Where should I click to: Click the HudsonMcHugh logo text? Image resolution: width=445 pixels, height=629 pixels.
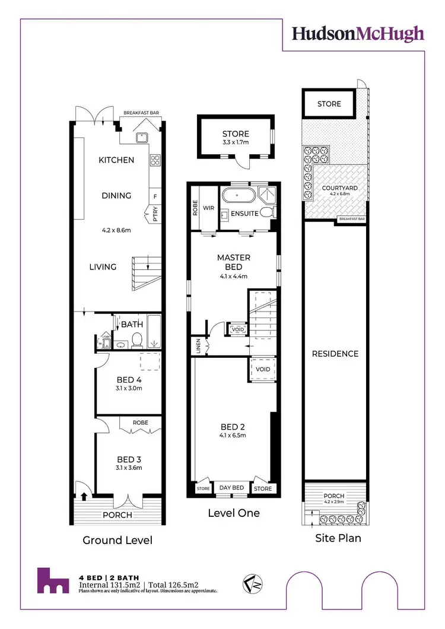coord(358,33)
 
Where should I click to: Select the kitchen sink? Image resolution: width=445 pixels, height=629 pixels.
coord(141,137)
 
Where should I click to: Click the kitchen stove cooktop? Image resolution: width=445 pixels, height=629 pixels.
coord(155,160)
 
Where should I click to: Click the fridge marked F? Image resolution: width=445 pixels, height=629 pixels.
coord(155,196)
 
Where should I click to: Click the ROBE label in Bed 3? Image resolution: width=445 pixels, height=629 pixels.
coord(141,422)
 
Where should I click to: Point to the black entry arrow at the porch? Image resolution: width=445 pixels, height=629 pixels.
coord(84,497)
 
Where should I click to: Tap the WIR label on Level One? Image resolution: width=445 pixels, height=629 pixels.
coord(208,208)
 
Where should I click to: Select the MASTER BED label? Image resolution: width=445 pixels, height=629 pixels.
coord(234,262)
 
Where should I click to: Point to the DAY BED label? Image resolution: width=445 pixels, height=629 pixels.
coord(231,488)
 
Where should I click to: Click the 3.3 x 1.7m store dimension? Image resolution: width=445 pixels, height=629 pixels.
coord(236,143)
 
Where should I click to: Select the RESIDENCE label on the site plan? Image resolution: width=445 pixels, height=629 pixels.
coord(335,354)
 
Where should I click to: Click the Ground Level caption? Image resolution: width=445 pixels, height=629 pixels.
coord(117,540)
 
